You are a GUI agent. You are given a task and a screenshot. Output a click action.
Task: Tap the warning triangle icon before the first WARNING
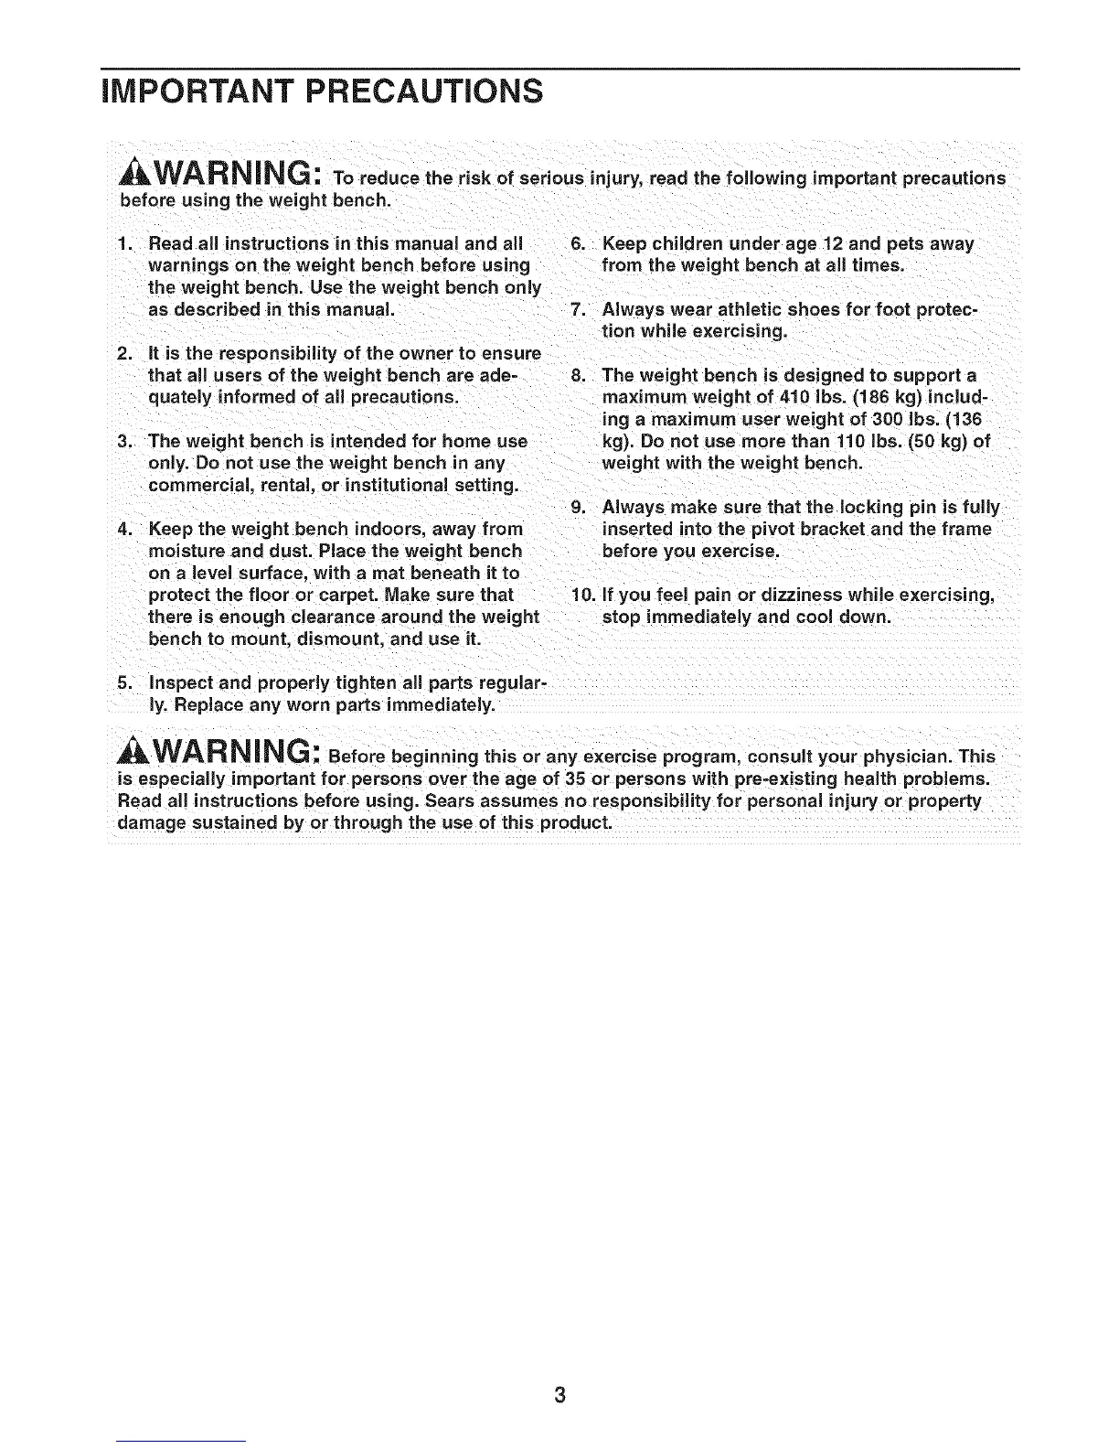click(x=135, y=172)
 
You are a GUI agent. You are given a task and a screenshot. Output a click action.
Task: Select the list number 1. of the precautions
click(x=126, y=244)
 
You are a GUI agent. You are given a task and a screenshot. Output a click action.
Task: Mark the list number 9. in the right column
click(x=578, y=508)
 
